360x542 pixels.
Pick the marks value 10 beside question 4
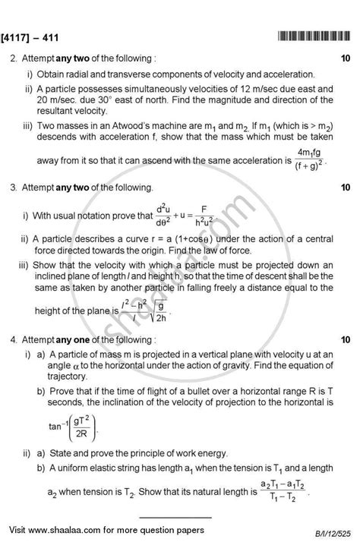(x=346, y=339)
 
